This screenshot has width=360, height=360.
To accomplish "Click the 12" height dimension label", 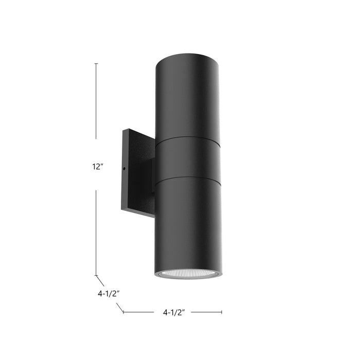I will point(96,166).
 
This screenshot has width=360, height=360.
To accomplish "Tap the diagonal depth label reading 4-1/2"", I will point(109,294).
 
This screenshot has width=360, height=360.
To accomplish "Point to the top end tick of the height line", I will point(96,63).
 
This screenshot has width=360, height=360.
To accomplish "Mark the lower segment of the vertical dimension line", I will point(96,231).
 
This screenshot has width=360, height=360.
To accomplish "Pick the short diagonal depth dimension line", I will point(100,280).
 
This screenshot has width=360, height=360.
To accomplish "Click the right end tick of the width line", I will point(222,312).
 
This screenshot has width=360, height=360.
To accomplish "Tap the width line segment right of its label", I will point(206,312).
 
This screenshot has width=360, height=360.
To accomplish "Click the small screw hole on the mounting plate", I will point(125,167).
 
